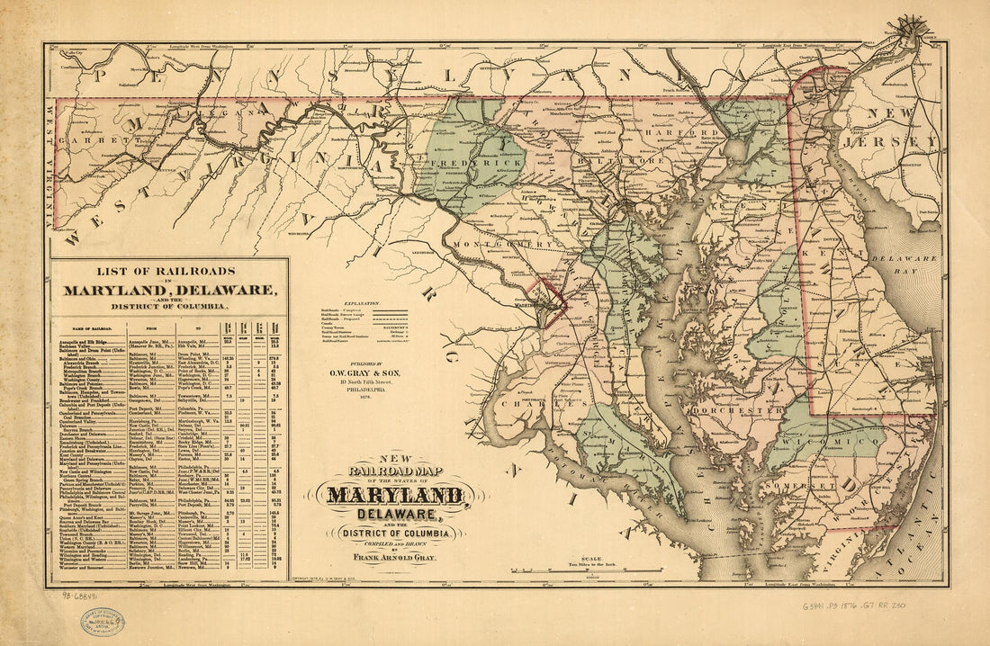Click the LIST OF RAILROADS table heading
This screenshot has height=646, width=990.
coord(169,270)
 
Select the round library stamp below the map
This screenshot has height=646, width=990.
coord(102,622)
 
